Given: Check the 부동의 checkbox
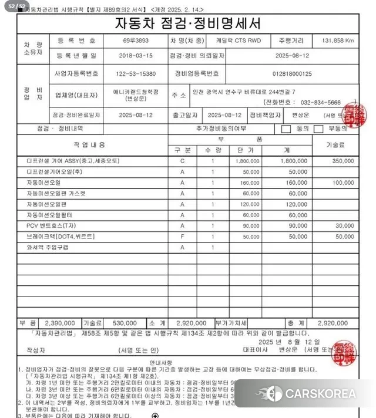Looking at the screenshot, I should pos(319,129).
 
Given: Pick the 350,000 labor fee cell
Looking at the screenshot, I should pos(343,160).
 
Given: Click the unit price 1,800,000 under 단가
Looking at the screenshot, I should pos(247,160).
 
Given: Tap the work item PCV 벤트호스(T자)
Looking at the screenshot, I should pos(51,225).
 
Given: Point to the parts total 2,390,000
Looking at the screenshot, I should pos(58,323).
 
